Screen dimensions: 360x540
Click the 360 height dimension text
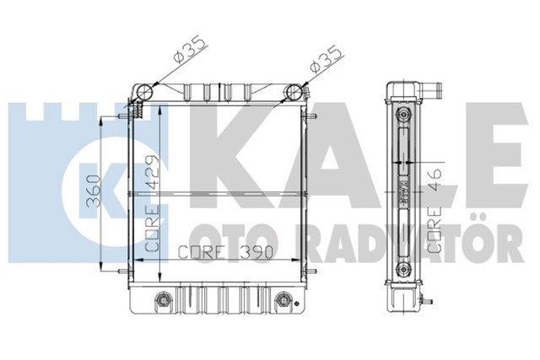coord(94,193)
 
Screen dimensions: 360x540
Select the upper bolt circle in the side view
coord(403,115)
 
